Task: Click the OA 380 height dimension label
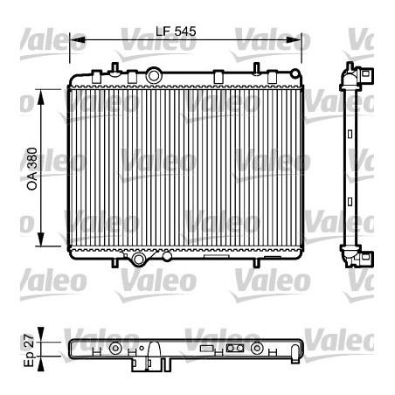[x=32, y=165]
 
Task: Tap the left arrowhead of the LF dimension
[x=73, y=40]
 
